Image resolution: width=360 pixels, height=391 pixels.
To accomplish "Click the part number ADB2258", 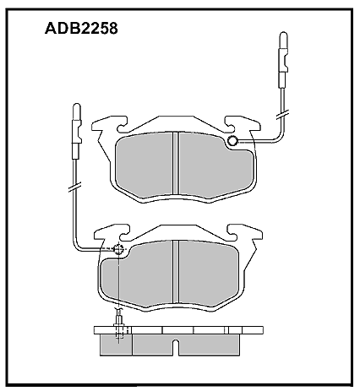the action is [81, 29].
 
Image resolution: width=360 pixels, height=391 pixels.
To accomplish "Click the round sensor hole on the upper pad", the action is [232, 140].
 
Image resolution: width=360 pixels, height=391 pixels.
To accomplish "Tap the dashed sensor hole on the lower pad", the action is [118, 249].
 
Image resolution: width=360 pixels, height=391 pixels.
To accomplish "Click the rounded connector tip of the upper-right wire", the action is [283, 40].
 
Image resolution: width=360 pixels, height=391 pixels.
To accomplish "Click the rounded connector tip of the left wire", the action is [77, 111].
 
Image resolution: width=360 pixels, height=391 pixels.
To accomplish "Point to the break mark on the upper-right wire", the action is [283, 115].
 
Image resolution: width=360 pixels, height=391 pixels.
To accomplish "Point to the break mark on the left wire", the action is [75, 187].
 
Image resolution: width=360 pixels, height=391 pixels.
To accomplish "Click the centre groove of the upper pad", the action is [176, 163].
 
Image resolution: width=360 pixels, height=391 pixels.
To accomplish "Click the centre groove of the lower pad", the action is [176, 272].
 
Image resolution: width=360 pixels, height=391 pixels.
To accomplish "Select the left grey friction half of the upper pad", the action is [145, 164].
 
